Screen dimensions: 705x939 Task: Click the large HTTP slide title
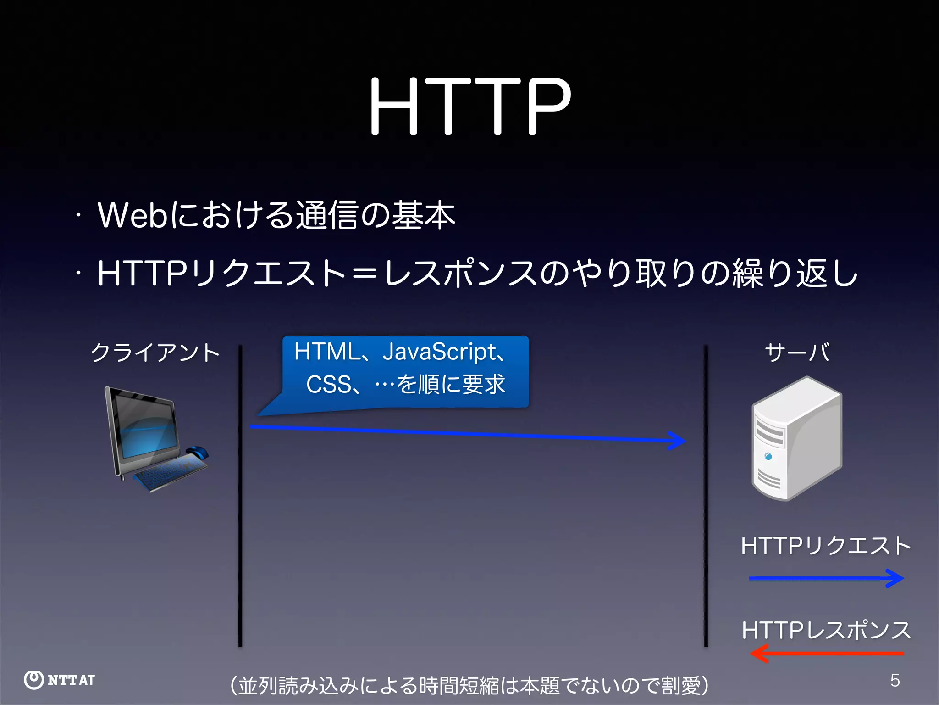point(470,106)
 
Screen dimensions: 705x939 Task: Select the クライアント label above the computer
point(155,352)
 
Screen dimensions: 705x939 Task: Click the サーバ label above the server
point(797,352)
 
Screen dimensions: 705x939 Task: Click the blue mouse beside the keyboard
point(197,452)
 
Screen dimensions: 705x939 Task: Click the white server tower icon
point(797,438)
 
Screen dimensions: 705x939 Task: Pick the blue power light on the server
point(768,456)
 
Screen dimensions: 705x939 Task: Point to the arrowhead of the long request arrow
point(678,441)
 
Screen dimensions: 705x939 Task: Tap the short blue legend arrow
point(825,578)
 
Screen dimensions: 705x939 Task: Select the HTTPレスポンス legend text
point(825,631)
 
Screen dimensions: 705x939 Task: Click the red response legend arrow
point(825,653)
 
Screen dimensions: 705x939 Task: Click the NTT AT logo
point(60,680)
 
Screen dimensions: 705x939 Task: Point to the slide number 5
point(895,680)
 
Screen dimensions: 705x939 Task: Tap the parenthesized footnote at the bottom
point(469,686)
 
